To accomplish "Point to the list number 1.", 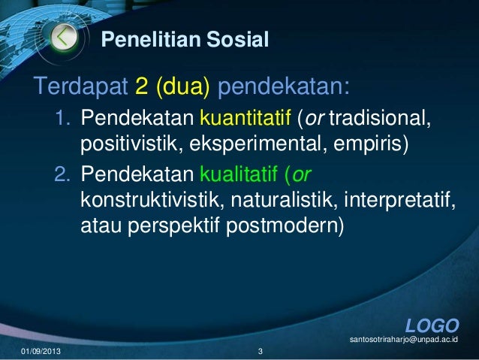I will (62, 119).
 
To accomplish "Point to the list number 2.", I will (62, 174).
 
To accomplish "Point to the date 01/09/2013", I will (42, 352).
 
